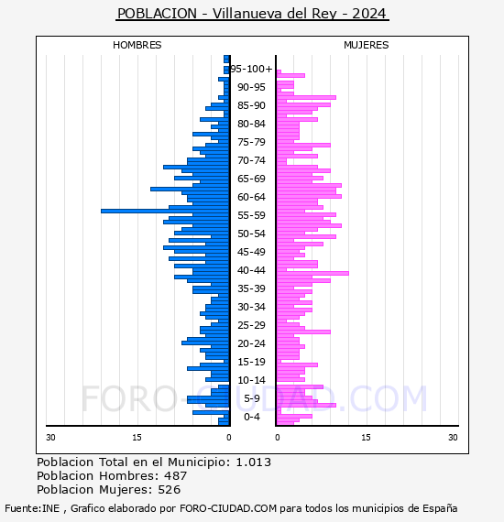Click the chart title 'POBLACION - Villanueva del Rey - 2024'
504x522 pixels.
click(252, 14)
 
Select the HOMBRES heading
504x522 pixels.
click(137, 45)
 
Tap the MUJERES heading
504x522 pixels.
click(367, 45)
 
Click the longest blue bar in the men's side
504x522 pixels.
click(165, 211)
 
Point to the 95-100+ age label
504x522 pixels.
click(251, 69)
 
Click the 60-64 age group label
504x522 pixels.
click(251, 197)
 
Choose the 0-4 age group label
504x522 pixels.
click(251, 417)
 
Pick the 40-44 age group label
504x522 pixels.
click(251, 270)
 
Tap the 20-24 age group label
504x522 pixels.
click(251, 343)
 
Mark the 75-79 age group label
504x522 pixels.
click(251, 142)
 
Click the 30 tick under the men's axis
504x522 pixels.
click(50, 438)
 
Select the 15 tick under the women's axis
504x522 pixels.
click(366, 438)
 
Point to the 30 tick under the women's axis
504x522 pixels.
click(453, 438)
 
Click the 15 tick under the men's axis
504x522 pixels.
click(137, 438)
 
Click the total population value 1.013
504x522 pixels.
click(254, 462)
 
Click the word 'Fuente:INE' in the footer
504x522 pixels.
click(32, 508)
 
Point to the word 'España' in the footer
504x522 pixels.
click(440, 509)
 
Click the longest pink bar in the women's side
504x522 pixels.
click(312, 273)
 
